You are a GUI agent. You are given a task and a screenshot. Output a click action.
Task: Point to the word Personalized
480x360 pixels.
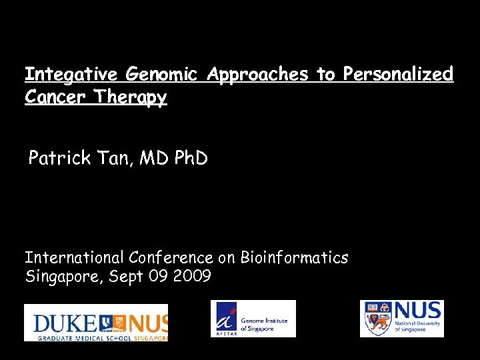click(398, 74)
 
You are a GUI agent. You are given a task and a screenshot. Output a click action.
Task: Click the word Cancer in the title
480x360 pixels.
click(56, 97)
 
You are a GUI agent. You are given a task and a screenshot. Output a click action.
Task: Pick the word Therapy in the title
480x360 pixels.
click(130, 97)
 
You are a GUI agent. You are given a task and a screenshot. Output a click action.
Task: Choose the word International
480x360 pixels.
click(75, 257)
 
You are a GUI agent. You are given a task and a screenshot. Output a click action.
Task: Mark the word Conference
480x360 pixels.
click(171, 257)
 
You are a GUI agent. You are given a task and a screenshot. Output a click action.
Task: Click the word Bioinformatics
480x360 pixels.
click(294, 257)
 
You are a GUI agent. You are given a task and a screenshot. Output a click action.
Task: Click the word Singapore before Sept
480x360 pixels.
click(60, 276)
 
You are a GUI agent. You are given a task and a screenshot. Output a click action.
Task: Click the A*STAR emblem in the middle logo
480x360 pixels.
click(225, 319)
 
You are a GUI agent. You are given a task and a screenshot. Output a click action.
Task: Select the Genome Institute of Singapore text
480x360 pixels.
click(264, 325)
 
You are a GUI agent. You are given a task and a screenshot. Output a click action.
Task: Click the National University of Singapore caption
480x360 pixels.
click(417, 326)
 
